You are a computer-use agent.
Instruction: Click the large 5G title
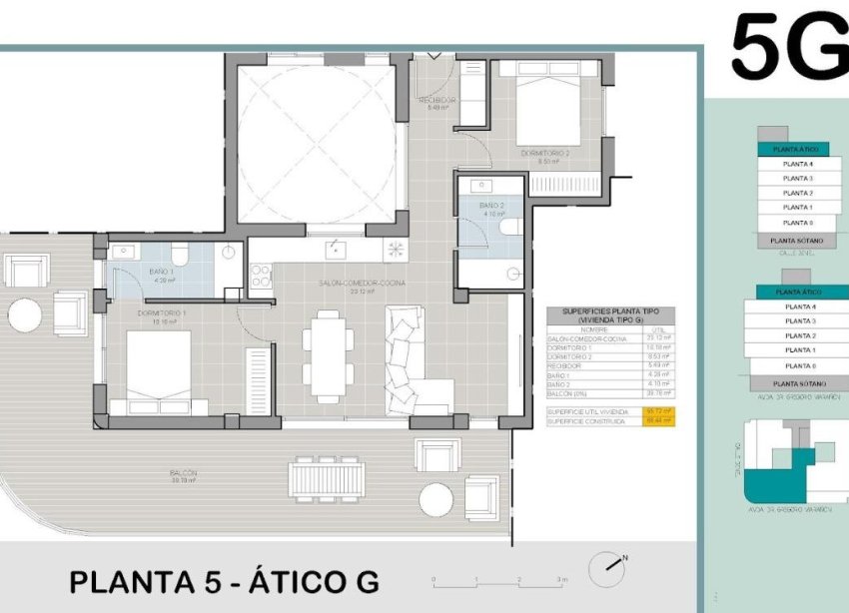[788, 47]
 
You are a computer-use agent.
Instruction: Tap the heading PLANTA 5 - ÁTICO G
[225, 581]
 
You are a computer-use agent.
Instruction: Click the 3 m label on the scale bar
[563, 580]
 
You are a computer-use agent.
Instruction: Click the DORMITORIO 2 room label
[544, 155]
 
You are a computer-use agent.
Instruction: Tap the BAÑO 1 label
[163, 275]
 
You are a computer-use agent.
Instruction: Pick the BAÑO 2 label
[492, 208]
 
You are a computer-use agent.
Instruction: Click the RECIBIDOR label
[437, 102]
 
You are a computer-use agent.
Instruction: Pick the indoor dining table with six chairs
[327, 352]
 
